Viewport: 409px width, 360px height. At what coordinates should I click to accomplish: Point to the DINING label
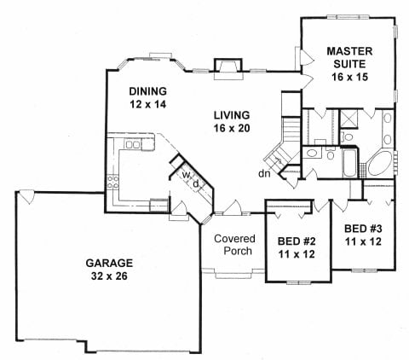(x=147, y=91)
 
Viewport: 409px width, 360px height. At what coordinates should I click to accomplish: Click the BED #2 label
(x=297, y=241)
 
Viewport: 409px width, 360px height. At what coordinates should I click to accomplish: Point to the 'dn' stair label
(x=266, y=174)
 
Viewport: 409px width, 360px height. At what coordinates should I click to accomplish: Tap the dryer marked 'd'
(x=195, y=183)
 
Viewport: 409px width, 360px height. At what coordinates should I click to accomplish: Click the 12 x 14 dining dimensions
(x=147, y=104)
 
